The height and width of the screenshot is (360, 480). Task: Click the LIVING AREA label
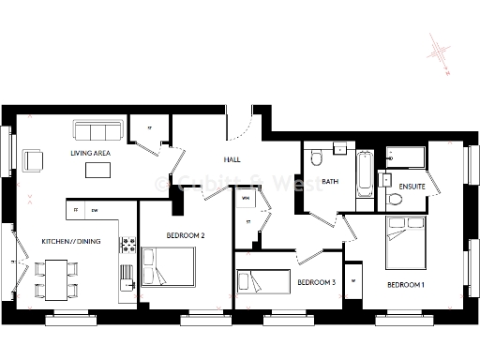pyautogui.click(x=90, y=153)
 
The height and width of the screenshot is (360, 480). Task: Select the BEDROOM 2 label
pyautogui.click(x=186, y=236)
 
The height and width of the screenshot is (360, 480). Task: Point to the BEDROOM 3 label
pyautogui.click(x=316, y=282)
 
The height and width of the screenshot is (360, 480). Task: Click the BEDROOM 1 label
pyautogui.click(x=406, y=282)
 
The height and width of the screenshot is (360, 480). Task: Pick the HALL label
pyautogui.click(x=232, y=160)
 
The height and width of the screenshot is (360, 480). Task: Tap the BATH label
pyautogui.click(x=330, y=181)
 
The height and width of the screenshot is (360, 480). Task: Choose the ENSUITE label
pyautogui.click(x=412, y=187)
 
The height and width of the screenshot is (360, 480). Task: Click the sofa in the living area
pyautogui.click(x=97, y=129)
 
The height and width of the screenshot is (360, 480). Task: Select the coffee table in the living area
pyautogui.click(x=97, y=171)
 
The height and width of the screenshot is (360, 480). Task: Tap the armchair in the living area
pyautogui.click(x=34, y=160)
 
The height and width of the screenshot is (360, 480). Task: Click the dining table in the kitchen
pyautogui.click(x=55, y=278)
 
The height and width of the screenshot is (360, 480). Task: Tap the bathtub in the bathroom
pyautogui.click(x=364, y=174)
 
